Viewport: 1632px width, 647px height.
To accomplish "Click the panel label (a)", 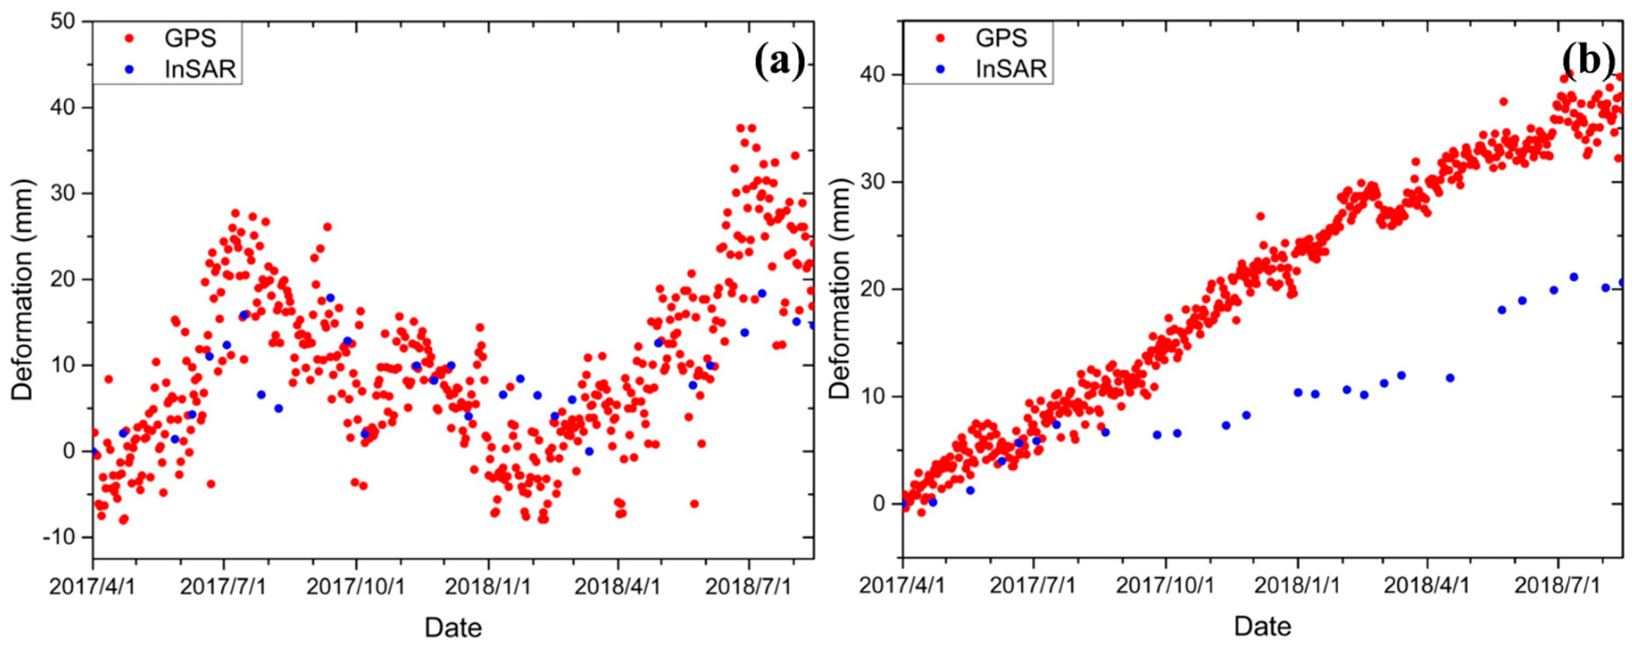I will [779, 63].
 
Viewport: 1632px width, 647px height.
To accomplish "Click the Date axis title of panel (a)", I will [453, 627].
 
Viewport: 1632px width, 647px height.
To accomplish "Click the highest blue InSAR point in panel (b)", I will [1574, 277].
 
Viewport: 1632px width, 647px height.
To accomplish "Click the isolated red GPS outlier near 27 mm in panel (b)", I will [1260, 216].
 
